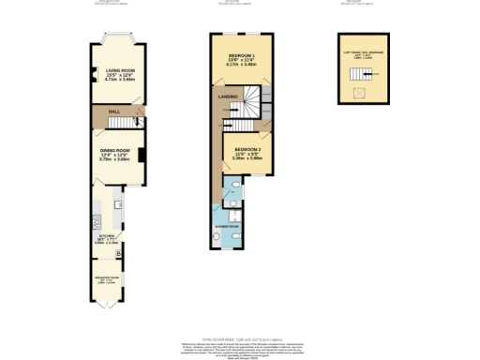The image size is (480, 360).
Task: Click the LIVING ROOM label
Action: click(x=119, y=70)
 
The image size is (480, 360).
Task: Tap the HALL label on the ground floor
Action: click(x=113, y=112)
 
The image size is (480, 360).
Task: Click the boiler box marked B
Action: click(x=117, y=253)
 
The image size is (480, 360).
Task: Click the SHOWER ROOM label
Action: click(x=228, y=226)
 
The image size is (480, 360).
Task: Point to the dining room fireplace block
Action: click(x=142, y=155)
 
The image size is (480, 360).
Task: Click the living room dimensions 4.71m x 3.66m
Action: click(x=119, y=80)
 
